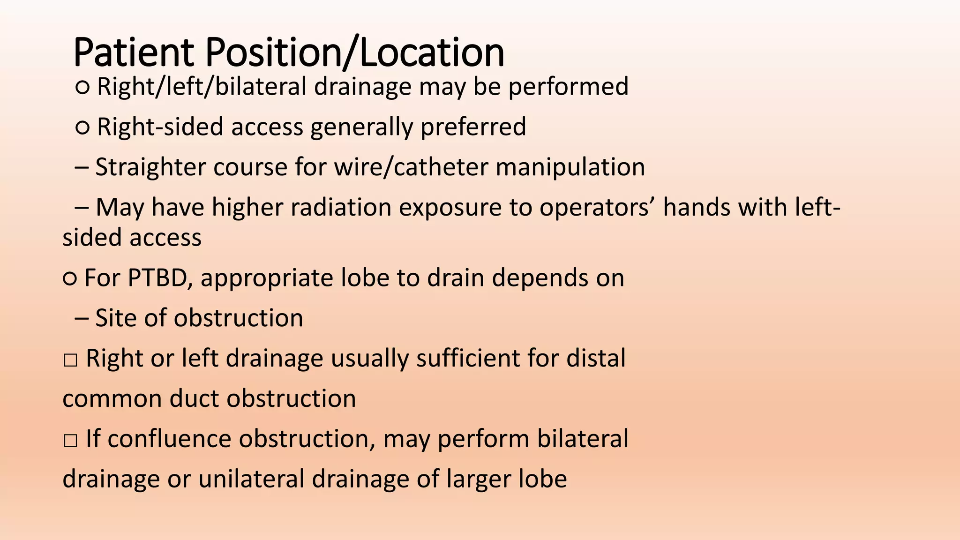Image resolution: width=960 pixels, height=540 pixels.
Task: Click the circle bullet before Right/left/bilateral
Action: point(82,87)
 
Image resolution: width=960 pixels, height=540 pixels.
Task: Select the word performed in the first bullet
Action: point(568,87)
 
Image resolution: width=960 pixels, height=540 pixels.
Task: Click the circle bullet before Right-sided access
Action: point(82,127)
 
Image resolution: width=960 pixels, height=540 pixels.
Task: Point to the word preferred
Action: point(473,127)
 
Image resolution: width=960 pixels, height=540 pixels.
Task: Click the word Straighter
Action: point(150,167)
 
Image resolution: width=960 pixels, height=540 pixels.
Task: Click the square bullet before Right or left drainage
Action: point(70,360)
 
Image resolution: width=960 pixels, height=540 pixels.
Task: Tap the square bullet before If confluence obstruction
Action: point(70,441)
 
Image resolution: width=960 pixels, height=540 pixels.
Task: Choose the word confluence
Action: point(169,439)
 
